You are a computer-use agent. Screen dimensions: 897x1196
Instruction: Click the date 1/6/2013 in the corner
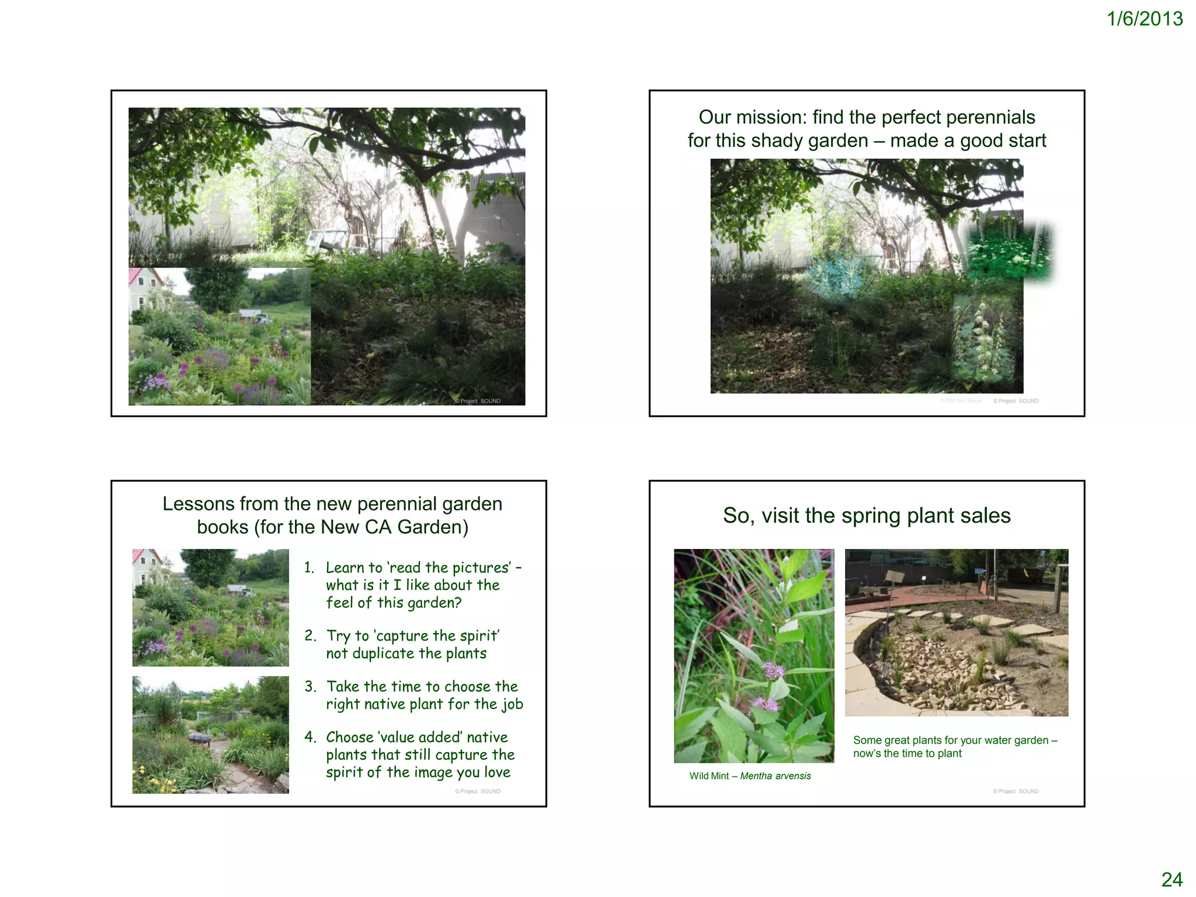coord(1144,19)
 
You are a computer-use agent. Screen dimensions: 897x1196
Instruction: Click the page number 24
coord(1171,879)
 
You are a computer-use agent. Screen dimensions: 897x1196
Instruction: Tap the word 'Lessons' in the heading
coord(199,504)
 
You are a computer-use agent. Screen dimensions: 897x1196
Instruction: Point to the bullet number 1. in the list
coord(310,568)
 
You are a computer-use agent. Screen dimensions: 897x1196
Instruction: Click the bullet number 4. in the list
coord(310,737)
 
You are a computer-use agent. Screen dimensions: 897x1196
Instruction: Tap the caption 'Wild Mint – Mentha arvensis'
coord(750,776)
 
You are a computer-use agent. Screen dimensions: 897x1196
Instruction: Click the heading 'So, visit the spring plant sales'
coord(867,516)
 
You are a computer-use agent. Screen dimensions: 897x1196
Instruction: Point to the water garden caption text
coord(955,747)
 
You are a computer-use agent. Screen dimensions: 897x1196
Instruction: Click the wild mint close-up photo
coord(754,655)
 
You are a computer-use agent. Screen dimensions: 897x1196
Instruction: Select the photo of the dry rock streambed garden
coord(956,632)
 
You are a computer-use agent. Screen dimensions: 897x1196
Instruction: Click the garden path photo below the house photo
coord(210,735)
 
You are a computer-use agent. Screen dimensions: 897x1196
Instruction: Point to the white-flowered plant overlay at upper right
coord(1009,250)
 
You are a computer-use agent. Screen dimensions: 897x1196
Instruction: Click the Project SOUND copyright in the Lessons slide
coord(478,792)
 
